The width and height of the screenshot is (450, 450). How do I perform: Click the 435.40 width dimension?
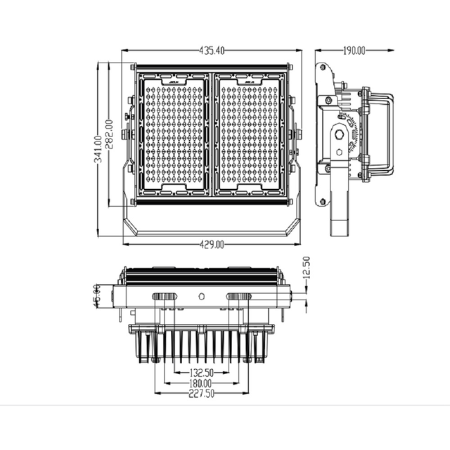212,51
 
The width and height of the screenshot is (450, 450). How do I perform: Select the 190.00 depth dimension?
354,51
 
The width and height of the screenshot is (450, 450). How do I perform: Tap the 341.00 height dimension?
98,149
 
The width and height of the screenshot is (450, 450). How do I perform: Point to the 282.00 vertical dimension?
110,134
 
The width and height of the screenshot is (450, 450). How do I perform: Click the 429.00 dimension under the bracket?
211,245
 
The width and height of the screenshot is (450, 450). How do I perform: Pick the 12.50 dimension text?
305,267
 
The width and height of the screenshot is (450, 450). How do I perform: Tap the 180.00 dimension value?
202,383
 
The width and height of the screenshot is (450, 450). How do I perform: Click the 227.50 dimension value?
202,394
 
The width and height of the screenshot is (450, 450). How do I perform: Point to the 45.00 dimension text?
97,294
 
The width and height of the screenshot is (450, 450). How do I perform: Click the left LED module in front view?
174,135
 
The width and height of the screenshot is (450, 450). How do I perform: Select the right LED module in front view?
250,135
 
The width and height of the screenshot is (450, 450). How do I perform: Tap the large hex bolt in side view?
340,134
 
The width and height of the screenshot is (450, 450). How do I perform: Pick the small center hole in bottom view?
202,297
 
